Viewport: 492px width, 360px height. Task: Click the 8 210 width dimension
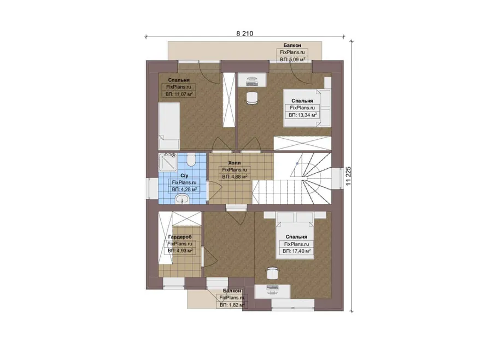point(245,33)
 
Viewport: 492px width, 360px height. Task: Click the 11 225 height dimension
point(348,176)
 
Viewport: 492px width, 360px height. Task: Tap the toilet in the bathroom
point(190,160)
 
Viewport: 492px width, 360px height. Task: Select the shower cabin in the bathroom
point(168,162)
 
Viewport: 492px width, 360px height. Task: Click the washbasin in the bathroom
point(182,198)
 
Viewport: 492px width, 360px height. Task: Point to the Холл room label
point(235,163)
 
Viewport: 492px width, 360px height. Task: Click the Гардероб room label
point(180,237)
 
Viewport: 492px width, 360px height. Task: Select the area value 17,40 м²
point(296,251)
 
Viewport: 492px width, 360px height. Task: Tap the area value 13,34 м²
point(302,115)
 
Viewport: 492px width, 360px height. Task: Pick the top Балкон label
point(292,45)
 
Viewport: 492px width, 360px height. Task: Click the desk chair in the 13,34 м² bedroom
point(251,98)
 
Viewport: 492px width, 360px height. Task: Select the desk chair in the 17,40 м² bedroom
point(272,272)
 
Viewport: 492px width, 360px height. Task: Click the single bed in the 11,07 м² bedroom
point(169,126)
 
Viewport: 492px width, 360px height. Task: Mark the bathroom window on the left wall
point(152,188)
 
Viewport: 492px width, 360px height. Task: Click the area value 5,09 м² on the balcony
point(292,59)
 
